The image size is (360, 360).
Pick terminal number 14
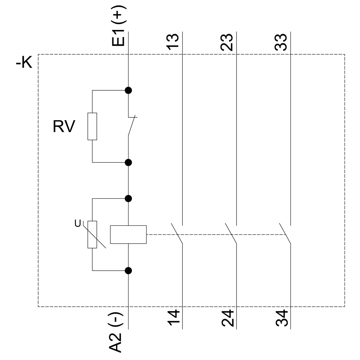pos(174,318)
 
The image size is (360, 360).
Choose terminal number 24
pos(228,318)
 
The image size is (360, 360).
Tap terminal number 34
pos(282,318)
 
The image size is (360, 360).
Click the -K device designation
pos(24,63)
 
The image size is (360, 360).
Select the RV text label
pos(64,127)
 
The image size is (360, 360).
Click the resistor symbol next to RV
pos(92,126)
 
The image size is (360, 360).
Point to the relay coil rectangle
pos(128,234)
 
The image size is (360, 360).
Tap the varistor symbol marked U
pos(92,234)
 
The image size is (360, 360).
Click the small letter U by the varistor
pos(77,224)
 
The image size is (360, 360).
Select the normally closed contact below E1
pos(131,126)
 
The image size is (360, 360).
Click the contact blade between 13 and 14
pos(177,234)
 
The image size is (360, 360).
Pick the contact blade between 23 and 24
pos(231,234)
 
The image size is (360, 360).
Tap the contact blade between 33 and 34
pos(285,234)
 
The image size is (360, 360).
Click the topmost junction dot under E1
pos(128,90)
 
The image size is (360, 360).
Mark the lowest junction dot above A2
pos(128,270)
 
